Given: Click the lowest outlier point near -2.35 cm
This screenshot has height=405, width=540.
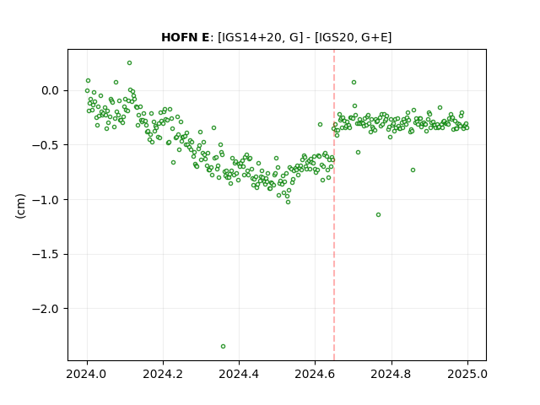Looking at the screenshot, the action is click(x=223, y=347).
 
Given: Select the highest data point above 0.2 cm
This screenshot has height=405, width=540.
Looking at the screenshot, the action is click(x=129, y=63).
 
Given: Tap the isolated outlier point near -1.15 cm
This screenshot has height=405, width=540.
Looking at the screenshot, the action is click(x=379, y=215).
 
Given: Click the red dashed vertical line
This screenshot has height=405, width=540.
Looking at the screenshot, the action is click(x=334, y=205).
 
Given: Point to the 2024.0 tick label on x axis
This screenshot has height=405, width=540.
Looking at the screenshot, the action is click(x=87, y=375).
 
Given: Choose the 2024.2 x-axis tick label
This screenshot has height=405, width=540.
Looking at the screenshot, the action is click(x=163, y=375).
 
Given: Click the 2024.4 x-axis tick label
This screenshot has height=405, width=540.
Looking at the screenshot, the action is click(x=239, y=375).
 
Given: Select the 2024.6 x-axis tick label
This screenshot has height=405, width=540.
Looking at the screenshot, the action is click(x=315, y=375).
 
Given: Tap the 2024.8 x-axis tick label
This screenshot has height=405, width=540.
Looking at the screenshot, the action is click(x=391, y=375).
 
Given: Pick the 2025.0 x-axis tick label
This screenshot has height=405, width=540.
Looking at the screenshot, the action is click(x=467, y=375).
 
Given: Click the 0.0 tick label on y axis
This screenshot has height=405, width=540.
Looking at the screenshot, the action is click(x=51, y=91).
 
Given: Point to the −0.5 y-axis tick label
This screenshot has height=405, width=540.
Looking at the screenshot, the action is click(x=46, y=145).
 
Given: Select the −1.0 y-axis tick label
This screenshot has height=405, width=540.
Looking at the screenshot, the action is click(x=46, y=200).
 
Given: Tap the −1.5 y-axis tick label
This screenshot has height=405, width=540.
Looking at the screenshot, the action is click(x=46, y=255).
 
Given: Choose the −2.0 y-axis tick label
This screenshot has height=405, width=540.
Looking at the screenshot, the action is click(x=46, y=309).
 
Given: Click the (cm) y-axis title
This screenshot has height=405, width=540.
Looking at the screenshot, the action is click(x=20, y=206).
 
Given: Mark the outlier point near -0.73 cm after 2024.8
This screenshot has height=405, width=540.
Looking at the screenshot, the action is click(x=413, y=170).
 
